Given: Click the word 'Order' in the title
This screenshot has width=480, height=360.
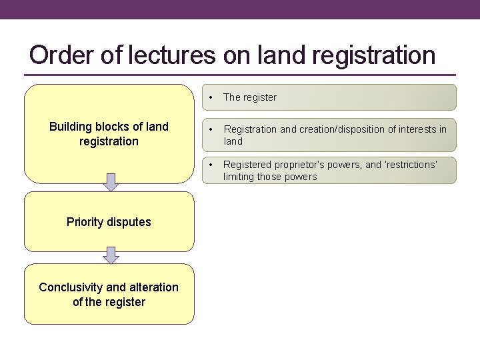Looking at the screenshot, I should (x=60, y=55).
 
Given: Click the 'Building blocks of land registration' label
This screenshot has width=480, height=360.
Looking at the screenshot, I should (x=109, y=133).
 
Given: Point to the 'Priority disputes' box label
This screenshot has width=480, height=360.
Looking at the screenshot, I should (x=109, y=222).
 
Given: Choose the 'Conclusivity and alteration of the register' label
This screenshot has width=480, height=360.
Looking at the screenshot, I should (x=109, y=294).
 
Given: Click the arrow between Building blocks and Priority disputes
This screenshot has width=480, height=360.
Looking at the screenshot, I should (x=111, y=182).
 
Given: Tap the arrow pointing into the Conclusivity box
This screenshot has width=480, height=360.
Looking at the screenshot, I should (x=111, y=255).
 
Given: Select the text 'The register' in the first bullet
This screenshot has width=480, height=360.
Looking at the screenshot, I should (x=250, y=97).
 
